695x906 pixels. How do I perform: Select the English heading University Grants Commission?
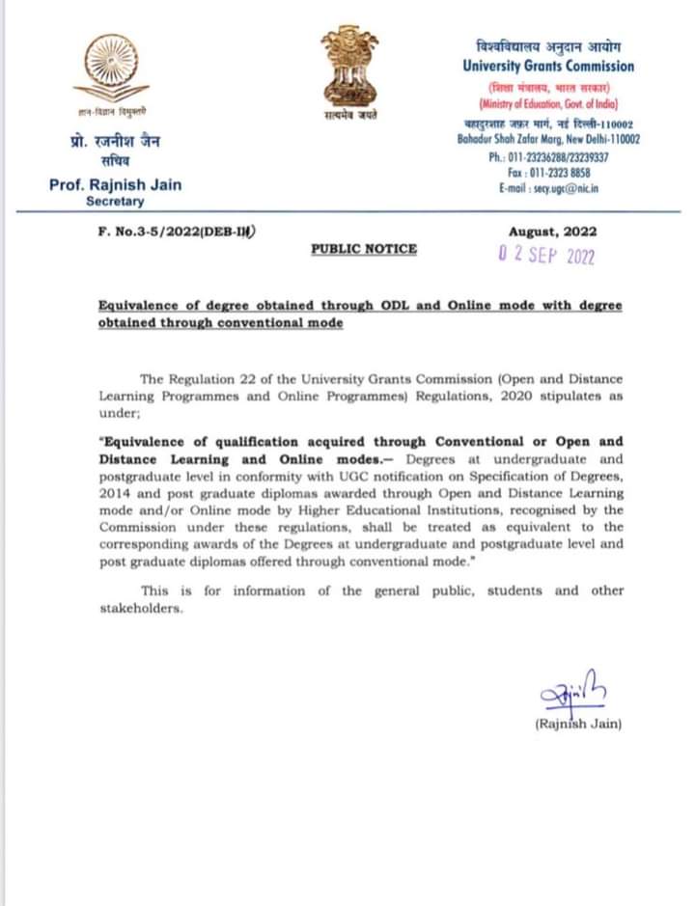[548, 67]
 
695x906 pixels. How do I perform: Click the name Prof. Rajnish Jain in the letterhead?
[115, 184]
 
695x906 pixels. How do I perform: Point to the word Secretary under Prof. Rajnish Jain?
[115, 202]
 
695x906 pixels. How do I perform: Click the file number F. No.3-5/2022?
[170, 232]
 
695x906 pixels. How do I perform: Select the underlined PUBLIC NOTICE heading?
[364, 249]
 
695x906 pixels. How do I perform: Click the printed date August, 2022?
[552, 232]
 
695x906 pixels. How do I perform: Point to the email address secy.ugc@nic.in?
[548, 189]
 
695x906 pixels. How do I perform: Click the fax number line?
[548, 173]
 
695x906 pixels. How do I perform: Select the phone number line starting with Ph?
[548, 156]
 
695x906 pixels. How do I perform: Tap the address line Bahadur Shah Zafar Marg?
[548, 140]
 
